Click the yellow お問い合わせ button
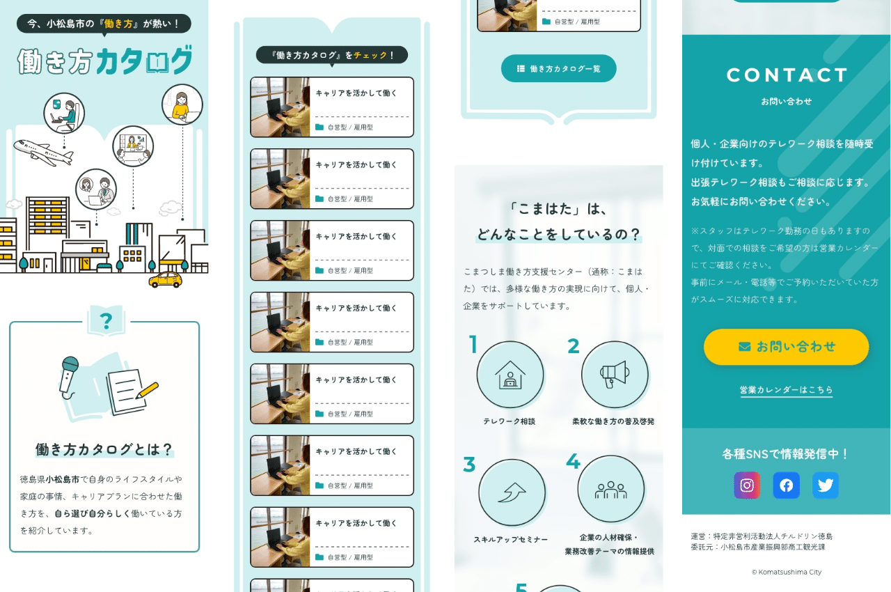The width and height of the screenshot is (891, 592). [x=786, y=347]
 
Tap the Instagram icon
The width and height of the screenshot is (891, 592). [x=747, y=485]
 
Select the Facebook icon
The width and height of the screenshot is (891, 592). [x=786, y=485]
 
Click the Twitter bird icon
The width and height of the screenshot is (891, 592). [x=826, y=485]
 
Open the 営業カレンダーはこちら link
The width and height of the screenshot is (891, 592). [x=786, y=390]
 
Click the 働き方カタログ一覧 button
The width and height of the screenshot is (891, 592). [x=559, y=68]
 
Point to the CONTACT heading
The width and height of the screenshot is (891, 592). [x=787, y=75]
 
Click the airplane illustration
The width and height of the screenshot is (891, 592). [x=44, y=153]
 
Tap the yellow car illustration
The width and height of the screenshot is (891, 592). [x=166, y=280]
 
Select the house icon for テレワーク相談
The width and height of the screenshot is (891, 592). [x=510, y=375]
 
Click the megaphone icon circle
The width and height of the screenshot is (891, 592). [x=615, y=375]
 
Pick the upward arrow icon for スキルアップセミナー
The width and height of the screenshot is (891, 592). [x=512, y=492]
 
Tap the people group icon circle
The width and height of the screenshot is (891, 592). [x=610, y=489]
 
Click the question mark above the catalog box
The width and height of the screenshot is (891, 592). [x=106, y=321]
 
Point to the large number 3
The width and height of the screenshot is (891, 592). [x=469, y=465]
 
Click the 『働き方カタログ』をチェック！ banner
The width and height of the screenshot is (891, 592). [x=332, y=55]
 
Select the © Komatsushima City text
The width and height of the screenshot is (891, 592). [x=787, y=572]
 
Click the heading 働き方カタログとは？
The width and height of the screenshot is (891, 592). [x=104, y=449]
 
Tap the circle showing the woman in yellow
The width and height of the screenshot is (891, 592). [x=182, y=104]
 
